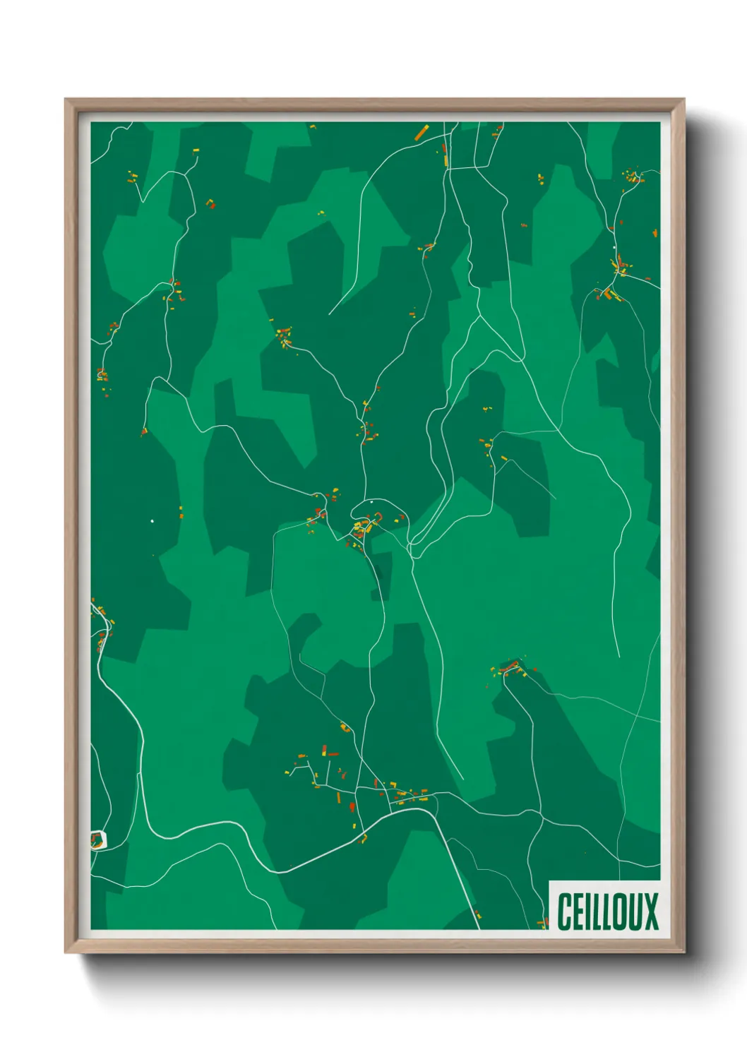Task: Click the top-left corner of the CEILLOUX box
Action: click(549, 880)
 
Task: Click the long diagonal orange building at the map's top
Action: click(422, 132)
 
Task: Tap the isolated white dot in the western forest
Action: click(152, 521)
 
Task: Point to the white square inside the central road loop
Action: click(371, 502)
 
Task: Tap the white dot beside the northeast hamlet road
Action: click(614, 247)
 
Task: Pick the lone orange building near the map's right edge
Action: click(655, 232)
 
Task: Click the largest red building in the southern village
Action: click(352, 806)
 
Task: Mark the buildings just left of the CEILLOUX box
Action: click(543, 922)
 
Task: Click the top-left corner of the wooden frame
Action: click(65, 99)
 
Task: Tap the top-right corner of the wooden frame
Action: click(684, 99)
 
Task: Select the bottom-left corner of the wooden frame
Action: click(65, 953)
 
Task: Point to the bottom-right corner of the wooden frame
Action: click(684, 953)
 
